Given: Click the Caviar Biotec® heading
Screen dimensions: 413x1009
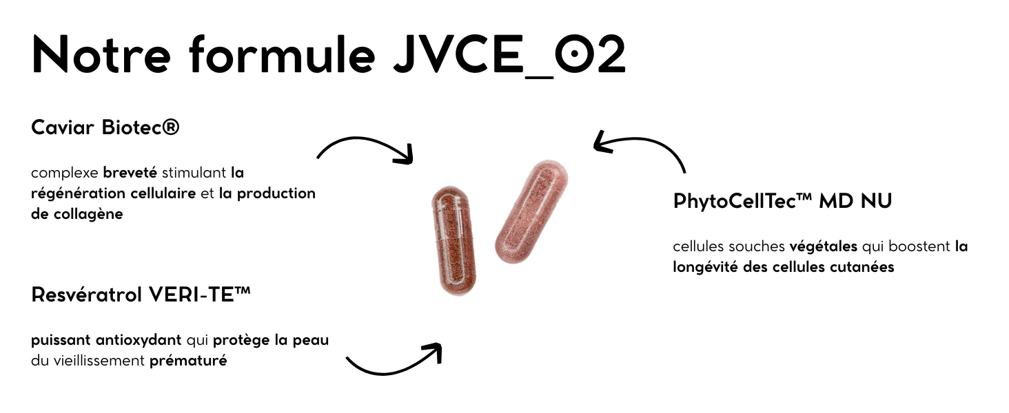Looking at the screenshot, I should click(105, 127).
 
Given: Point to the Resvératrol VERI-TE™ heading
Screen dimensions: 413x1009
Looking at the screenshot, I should click(141, 295).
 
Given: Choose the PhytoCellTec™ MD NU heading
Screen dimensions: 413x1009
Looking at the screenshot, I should click(782, 201).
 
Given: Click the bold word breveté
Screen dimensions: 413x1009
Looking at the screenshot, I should click(130, 172).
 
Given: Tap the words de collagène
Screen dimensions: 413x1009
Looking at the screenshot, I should click(77, 213).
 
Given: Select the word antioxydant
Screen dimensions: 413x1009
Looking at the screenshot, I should click(139, 339).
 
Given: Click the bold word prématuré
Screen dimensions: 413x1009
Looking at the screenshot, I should click(188, 360).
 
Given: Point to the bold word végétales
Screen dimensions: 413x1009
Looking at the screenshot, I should click(823, 246).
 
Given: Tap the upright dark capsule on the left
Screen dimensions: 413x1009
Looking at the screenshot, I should click(452, 240).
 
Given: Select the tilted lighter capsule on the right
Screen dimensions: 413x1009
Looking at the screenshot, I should click(531, 211).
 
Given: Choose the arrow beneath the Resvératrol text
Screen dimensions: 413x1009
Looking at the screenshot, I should click(393, 361).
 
